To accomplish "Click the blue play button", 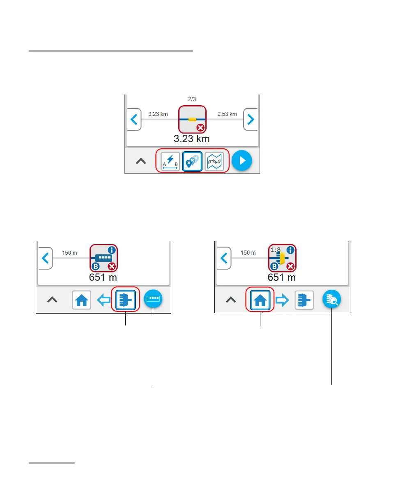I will [x=241, y=161].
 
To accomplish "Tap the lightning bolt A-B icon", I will [x=170, y=161].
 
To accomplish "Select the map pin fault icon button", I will [x=192, y=161].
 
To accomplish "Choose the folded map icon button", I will [x=214, y=161].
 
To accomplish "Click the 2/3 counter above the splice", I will [x=192, y=99].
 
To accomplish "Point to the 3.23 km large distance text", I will [x=191, y=138].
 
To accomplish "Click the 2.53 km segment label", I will [x=227, y=114].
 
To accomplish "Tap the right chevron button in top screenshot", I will [x=251, y=120].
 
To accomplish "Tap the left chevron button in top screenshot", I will [x=133, y=120].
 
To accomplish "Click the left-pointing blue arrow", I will [x=103, y=300].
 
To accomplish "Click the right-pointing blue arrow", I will [x=282, y=300].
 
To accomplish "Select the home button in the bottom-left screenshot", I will [x=82, y=300].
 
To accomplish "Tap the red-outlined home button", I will [x=260, y=300].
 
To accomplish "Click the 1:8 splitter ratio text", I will [x=276, y=249].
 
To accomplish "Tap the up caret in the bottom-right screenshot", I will [x=231, y=300].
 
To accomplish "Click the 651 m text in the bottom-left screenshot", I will [x=103, y=277].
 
